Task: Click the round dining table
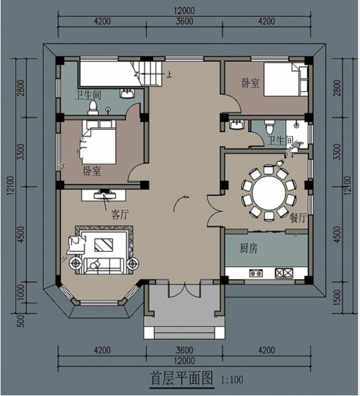[269, 193]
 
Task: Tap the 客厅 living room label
[120, 215]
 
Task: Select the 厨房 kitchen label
[249, 248]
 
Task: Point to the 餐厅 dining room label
[298, 217]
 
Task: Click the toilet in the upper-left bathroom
[93, 107]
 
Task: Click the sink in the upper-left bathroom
[127, 93]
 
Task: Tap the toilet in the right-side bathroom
[269, 127]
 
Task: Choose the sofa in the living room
[104, 266]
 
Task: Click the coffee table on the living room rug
[104, 245]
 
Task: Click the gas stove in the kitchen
[284, 273]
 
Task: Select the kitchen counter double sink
[256, 273]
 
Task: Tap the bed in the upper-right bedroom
[286, 79]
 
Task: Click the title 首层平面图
[182, 378]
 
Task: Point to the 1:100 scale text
[232, 380]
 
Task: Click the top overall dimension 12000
[184, 11]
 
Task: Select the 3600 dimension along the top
[184, 21]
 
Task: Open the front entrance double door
[184, 290]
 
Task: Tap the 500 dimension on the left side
[22, 321]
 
